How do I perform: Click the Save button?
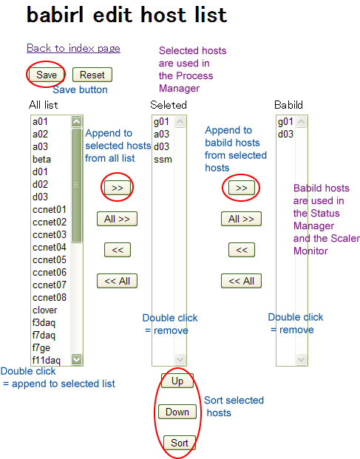pos(47,75)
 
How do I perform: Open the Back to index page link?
pos(73,48)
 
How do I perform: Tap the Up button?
pos(177,381)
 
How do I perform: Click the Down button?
pos(177,412)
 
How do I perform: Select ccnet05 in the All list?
pos(50,259)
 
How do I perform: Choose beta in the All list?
pos(41,159)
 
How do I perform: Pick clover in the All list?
pos(45,310)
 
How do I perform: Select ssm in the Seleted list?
pos(163,160)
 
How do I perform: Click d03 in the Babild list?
pos(285,134)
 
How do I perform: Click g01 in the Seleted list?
pos(161,122)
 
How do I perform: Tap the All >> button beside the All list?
pos(117,219)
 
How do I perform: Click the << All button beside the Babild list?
pos(241,281)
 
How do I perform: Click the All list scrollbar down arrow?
pos(76,359)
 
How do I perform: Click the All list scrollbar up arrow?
pos(76,121)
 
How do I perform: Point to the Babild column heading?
pos(288,105)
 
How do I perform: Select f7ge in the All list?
pos(41,348)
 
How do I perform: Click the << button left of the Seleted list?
pos(118,250)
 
